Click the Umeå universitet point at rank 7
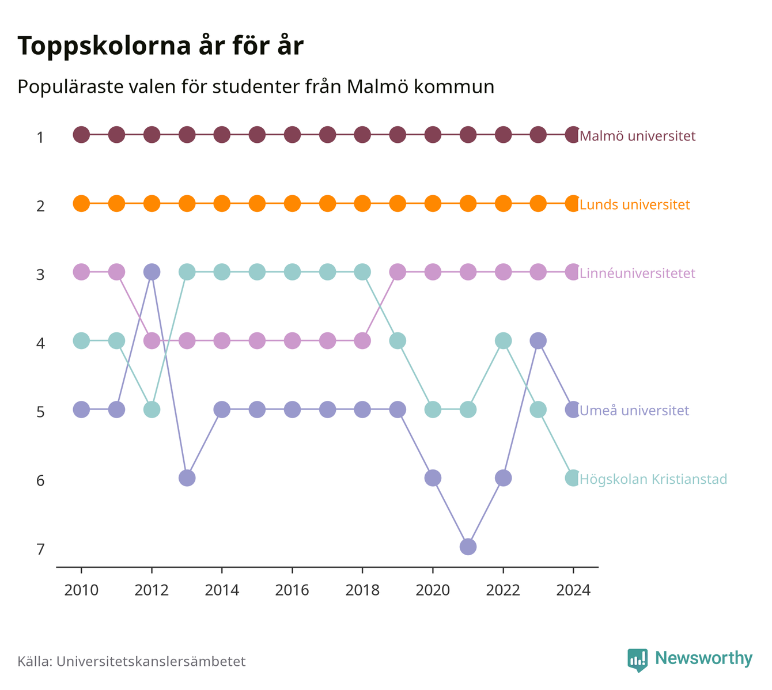tap(468, 547)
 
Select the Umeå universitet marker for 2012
tap(152, 272)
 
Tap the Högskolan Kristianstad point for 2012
tap(152, 410)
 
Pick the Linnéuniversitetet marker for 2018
tap(362, 340)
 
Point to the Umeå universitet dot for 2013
tap(187, 478)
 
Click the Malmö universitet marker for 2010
tap(81, 135)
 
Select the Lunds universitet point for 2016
tap(292, 203)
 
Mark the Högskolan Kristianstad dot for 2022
tap(503, 340)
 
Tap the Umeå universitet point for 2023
tap(538, 340)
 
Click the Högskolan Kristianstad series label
tap(653, 479)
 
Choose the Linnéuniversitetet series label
tap(637, 273)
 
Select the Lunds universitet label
tap(634, 204)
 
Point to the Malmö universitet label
tap(638, 135)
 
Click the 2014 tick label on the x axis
tap(222, 590)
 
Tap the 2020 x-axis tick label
tap(433, 590)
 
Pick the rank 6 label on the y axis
tap(40, 480)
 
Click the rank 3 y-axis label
tap(40, 274)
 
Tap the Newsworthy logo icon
tap(637, 660)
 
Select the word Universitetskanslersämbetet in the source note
tap(151, 661)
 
